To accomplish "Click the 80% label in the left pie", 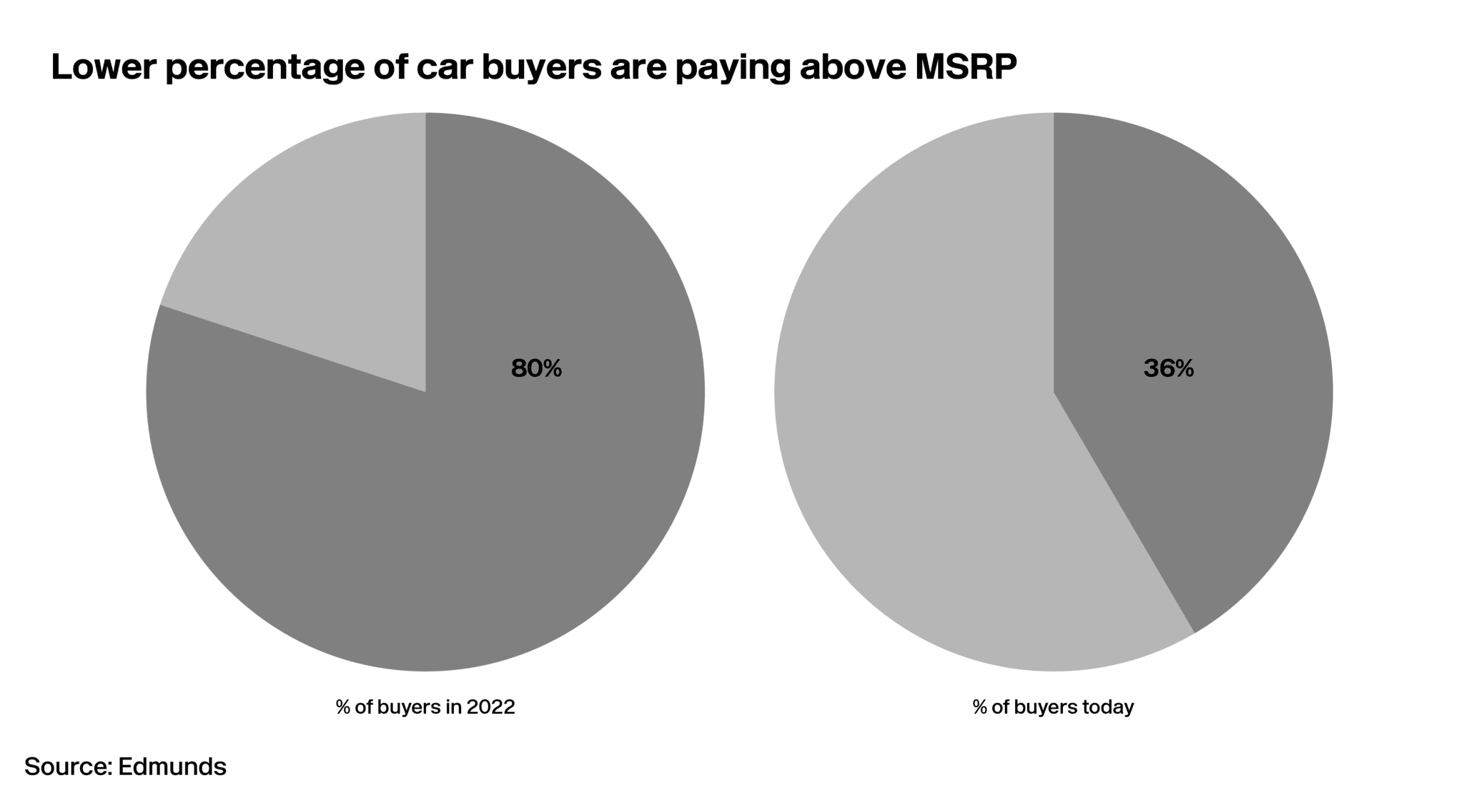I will [x=536, y=368].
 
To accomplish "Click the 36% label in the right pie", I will [x=1168, y=368].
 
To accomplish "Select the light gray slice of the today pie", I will [x=915, y=429].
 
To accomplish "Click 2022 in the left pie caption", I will [x=490, y=707].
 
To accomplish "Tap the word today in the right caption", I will [x=1108, y=707].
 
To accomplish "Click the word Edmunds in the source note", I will [x=172, y=767].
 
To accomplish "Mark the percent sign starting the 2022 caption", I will [x=342, y=707].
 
